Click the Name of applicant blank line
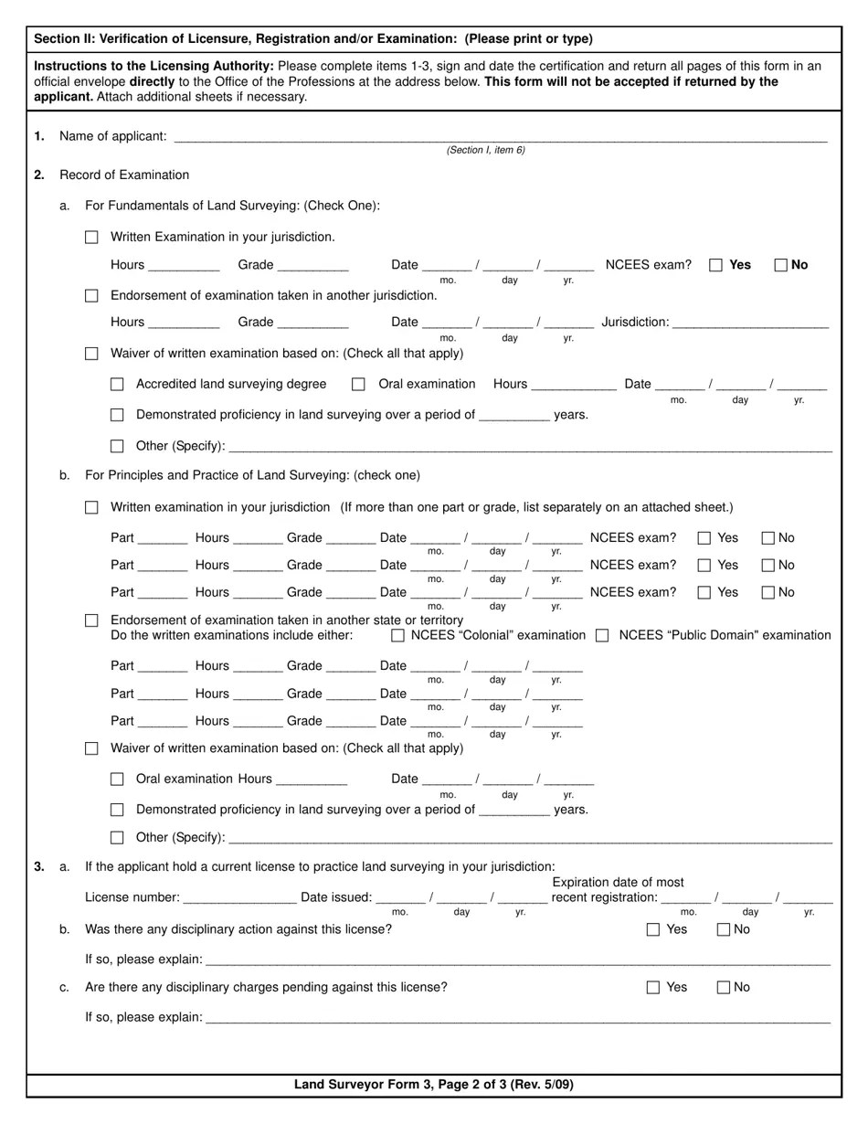coord(500,137)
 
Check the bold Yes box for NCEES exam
coord(716,265)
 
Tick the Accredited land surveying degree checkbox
coord(117,385)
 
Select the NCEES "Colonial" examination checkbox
coord(397,635)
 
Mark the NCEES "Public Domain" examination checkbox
coord(602,635)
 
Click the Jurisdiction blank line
coord(750,323)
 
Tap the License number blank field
coord(239,898)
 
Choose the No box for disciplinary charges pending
coord(724,987)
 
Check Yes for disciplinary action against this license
coord(652,929)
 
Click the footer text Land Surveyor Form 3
coord(434,1085)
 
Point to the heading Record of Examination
coord(124,175)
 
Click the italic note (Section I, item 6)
coord(485,150)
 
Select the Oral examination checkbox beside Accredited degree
coord(358,385)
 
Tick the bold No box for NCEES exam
coord(780,265)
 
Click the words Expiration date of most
coord(618,882)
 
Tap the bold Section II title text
coord(313,38)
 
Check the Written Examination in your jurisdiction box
coord(91,238)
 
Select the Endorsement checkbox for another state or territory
coord(91,620)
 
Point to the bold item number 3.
coord(39,866)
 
